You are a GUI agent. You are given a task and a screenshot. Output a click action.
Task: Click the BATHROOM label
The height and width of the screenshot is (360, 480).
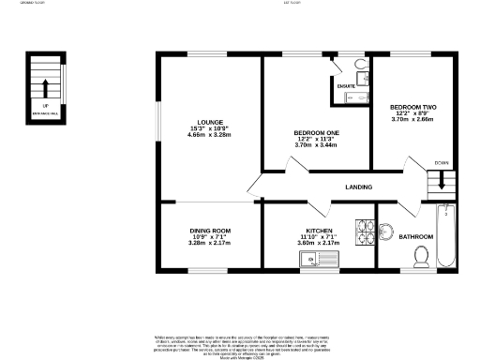(x=415, y=236)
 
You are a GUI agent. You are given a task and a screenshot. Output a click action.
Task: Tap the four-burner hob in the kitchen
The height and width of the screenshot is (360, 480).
(x=364, y=231)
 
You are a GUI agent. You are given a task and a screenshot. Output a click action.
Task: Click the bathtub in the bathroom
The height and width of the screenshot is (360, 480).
(x=446, y=234)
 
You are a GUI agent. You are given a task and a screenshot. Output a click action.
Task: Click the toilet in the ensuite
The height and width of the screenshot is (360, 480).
(x=362, y=66)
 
